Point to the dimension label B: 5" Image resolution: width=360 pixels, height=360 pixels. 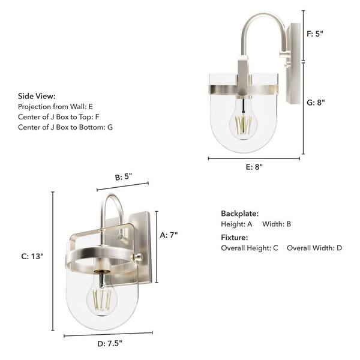click(x=123, y=176)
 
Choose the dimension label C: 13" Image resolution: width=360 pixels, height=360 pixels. click(x=32, y=256)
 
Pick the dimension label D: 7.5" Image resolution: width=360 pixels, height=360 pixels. click(x=110, y=344)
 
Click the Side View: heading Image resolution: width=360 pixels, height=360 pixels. click(x=37, y=96)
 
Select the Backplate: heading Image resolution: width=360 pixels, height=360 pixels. click(x=239, y=214)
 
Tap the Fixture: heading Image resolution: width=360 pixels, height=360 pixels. click(x=235, y=238)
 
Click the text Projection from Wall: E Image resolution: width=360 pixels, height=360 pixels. click(x=55, y=106)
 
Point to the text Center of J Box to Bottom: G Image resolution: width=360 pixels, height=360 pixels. click(x=65, y=127)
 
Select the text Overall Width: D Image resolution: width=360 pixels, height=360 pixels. click(x=314, y=248)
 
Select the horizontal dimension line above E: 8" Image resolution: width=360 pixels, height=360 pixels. click(x=254, y=158)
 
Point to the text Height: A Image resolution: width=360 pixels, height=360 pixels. click(x=236, y=224)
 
